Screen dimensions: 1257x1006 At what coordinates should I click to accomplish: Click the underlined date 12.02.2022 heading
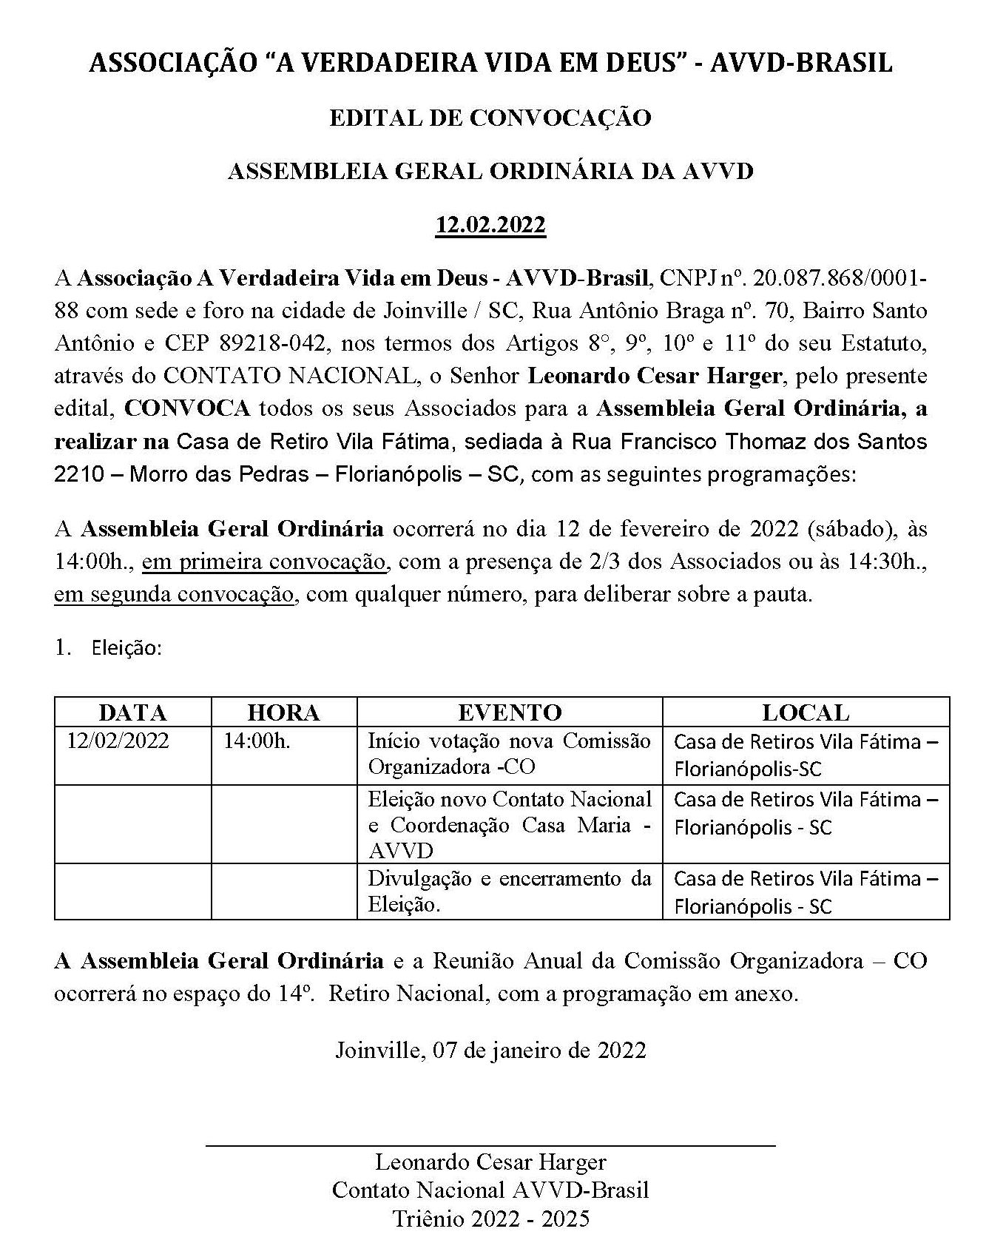[490, 224]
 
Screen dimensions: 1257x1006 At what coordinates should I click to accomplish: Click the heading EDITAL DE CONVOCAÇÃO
[490, 118]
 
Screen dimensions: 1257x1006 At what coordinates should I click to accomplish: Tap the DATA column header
[132, 712]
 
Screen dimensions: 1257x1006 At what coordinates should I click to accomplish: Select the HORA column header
[283, 712]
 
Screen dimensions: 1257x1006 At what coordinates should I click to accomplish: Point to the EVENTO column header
[510, 712]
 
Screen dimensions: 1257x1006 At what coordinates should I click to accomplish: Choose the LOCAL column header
[806, 712]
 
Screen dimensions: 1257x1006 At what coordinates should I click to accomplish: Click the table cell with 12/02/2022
[118, 741]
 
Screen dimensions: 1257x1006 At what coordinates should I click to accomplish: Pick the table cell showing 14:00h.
[257, 741]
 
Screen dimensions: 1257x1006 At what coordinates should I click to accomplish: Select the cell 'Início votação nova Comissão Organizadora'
[509, 754]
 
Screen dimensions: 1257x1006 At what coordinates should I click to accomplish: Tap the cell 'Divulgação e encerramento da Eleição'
[509, 892]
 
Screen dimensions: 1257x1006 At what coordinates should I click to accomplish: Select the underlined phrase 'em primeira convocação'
[264, 562]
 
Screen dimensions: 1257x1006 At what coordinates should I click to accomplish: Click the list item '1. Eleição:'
[109, 648]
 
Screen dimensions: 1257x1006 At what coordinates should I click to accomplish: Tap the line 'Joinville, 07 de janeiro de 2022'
[490, 1051]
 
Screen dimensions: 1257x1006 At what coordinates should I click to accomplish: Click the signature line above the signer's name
[490, 1146]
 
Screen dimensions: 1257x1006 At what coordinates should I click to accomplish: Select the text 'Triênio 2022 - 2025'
[490, 1219]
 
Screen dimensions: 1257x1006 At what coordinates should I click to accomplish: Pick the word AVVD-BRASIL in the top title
[801, 64]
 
